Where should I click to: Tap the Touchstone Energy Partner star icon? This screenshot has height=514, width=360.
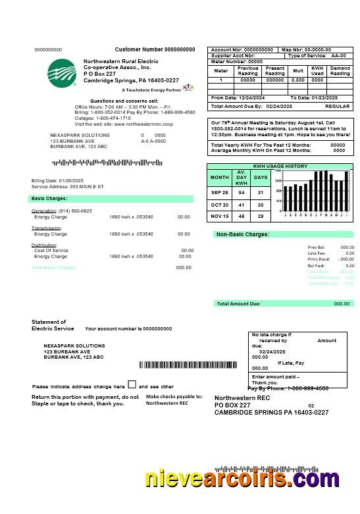click(188, 87)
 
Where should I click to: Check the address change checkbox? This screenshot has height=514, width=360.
click(132, 385)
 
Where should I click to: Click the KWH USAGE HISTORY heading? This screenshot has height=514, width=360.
click(280, 167)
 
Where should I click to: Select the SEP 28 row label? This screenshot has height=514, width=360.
click(220, 193)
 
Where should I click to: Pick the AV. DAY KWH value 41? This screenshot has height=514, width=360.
click(242, 205)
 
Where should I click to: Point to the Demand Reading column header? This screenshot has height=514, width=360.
click(340, 70)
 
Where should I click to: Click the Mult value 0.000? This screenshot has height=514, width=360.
click(297, 80)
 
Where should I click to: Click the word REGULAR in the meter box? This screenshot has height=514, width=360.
click(338, 106)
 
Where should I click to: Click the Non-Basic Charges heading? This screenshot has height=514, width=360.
click(242, 234)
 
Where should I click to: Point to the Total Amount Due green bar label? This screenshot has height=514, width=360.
click(238, 303)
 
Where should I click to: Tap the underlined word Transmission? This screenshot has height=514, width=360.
click(46, 228)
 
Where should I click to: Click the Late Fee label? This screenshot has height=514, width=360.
click(317, 253)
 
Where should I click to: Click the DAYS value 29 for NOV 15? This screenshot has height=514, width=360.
click(261, 216)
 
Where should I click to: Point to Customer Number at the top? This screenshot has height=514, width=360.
click(155, 49)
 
